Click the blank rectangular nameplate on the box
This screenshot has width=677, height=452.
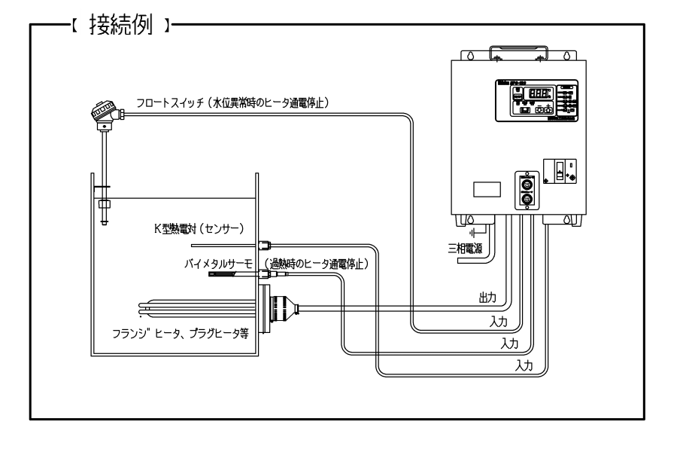pyautogui.click(x=485, y=189)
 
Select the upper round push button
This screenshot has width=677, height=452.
pyautogui.click(x=527, y=183)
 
